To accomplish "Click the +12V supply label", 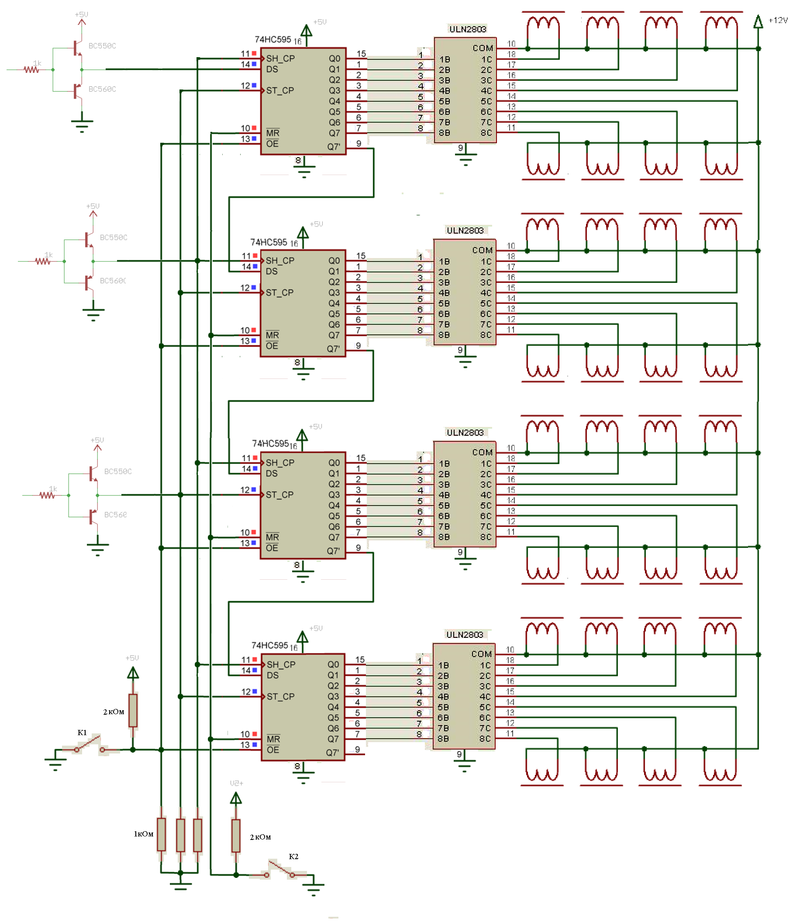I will coord(777,21).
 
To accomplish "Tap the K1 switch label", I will coord(83,733).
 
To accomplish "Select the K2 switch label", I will coord(294,857).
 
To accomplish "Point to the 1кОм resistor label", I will coord(143,834).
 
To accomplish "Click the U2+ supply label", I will coord(237,784).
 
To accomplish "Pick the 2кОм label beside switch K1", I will coord(114,712).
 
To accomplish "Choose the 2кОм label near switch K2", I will coord(260,837).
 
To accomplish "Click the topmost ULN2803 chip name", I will coord(468,29).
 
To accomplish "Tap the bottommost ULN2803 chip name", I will coord(465,635).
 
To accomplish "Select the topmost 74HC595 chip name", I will coord(273,40).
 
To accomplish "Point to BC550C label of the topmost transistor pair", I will coord(102,46).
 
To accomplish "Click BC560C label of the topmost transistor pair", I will coord(102,89).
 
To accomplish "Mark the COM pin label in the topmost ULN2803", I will coord(483,48).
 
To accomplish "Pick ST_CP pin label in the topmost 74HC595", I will coord(280,91).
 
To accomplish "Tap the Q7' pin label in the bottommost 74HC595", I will coord(332,753).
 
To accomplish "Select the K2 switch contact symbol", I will coord(279,869).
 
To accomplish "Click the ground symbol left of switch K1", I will coord(55,760).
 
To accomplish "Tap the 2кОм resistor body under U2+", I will coord(236,836).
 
